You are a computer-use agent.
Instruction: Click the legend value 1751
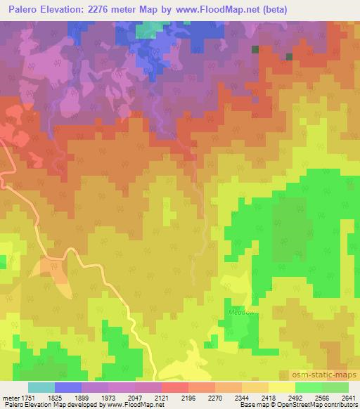[x=28, y=397]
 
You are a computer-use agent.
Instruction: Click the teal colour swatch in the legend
[x=41, y=387]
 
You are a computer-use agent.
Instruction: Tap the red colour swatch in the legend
[x=175, y=387]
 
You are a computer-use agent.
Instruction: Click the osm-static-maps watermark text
[x=331, y=375]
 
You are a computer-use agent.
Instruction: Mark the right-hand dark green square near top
[x=288, y=56]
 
